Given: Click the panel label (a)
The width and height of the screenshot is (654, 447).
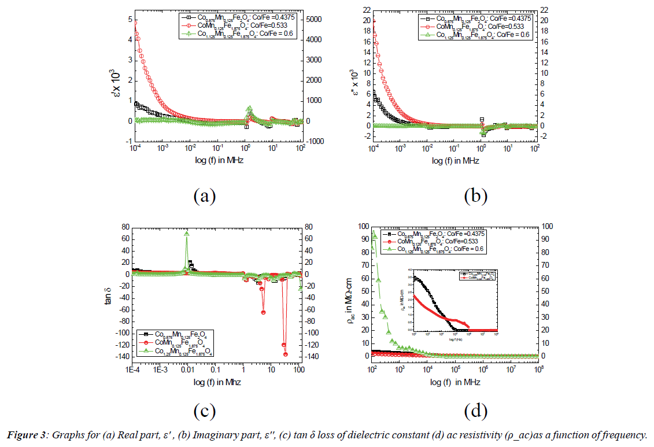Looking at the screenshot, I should [204, 195].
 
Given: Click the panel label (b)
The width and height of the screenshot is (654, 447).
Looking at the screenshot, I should [475, 195].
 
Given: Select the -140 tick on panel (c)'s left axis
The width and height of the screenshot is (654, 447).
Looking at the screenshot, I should [121, 357].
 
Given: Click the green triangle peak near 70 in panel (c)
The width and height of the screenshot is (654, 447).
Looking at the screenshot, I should [186, 234].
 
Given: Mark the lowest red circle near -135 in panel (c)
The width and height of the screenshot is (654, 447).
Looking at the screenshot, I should [286, 354].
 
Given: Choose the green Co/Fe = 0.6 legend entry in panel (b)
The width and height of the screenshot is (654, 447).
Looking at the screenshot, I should [475, 34].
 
